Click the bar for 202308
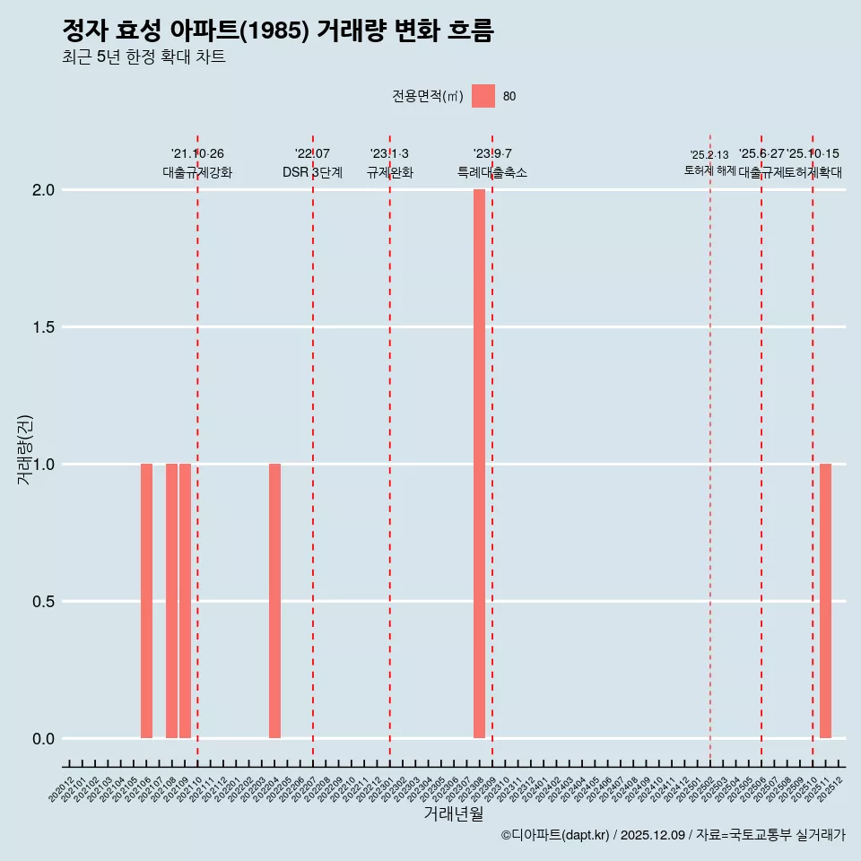[479, 464]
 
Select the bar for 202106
[146, 601]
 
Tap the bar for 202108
[171, 601]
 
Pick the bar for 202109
[185, 601]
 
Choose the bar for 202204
[274, 601]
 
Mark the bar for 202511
[825, 601]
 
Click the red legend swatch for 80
[483, 96]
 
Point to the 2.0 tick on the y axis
[45, 190]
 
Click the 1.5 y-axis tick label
[45, 327]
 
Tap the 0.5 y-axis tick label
[45, 602]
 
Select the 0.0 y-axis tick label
[45, 739]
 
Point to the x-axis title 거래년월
[453, 814]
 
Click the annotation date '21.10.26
[197, 154]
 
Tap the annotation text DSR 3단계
[312, 172]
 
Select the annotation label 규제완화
[389, 172]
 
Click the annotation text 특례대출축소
[491, 172]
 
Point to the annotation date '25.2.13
[709, 155]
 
